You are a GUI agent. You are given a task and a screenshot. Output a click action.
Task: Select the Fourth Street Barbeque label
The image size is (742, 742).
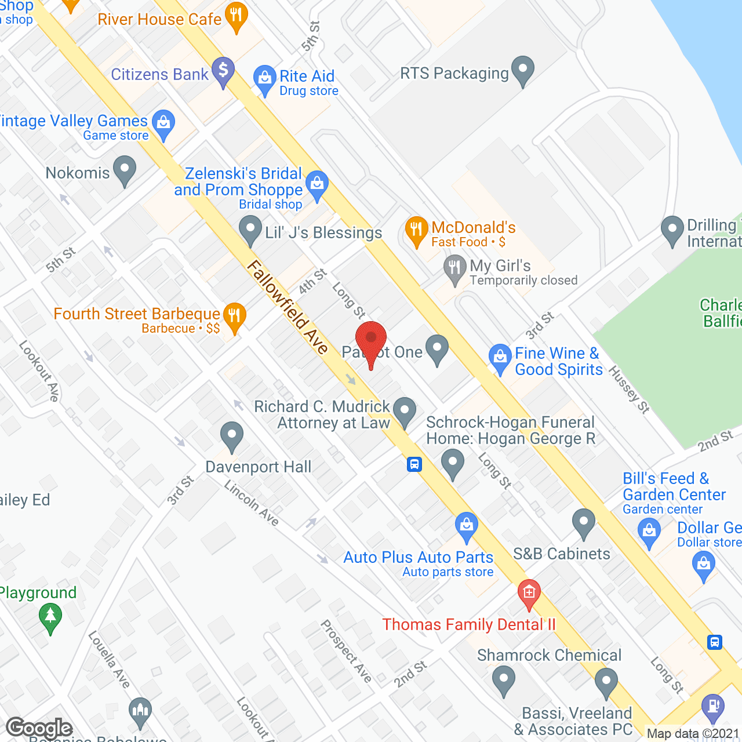tap(137, 314)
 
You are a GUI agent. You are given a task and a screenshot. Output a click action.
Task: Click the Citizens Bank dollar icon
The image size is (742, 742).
tap(223, 71)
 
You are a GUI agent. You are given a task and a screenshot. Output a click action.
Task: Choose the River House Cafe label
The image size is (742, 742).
tap(159, 19)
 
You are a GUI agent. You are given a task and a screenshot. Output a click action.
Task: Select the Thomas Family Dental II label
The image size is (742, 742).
tap(468, 624)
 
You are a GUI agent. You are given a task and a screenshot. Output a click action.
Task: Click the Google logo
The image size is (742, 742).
tap(39, 728)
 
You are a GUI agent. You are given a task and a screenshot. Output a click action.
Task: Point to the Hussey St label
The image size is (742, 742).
tap(629, 390)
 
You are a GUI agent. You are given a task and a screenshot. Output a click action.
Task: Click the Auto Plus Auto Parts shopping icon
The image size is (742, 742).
tap(466, 525)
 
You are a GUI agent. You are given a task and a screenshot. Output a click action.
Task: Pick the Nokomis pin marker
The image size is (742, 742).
tap(124, 169)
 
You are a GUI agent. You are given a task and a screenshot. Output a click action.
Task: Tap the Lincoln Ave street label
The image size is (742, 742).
tap(252, 503)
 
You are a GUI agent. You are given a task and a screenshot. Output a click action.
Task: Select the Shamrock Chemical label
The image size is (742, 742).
tap(549, 655)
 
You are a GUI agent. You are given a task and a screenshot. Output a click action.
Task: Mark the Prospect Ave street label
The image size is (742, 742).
tap(347, 651)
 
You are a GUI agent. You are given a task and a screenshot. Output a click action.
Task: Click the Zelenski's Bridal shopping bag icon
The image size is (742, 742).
tap(317, 184)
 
